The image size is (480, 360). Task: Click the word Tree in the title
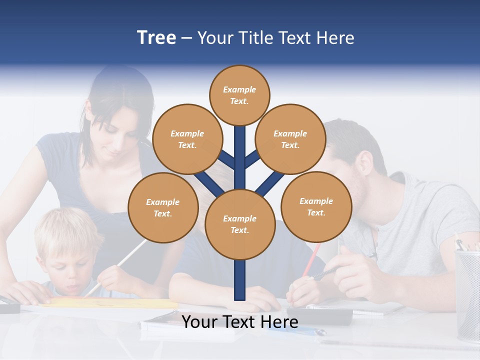click(x=156, y=38)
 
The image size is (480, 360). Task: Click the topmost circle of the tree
click(x=239, y=95)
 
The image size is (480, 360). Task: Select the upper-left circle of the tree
click(x=187, y=139)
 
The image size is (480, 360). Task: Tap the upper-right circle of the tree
click(x=290, y=139)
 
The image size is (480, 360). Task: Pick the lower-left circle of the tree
click(x=163, y=207)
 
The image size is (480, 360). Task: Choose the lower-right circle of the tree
click(x=316, y=206)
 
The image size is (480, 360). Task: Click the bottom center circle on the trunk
click(x=240, y=224)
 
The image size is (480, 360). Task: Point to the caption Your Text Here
click(x=240, y=322)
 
